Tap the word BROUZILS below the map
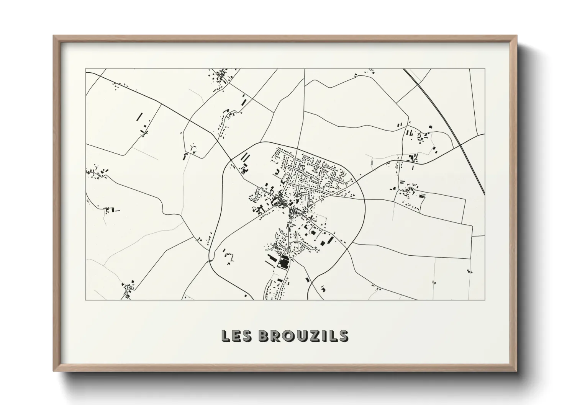[x=303, y=336]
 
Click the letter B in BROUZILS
[x=264, y=336]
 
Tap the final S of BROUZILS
[x=343, y=336]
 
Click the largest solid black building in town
[x=284, y=263]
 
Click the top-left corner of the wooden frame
[x=54, y=36]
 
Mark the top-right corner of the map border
[x=485, y=69]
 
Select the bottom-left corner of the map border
[x=85, y=300]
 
